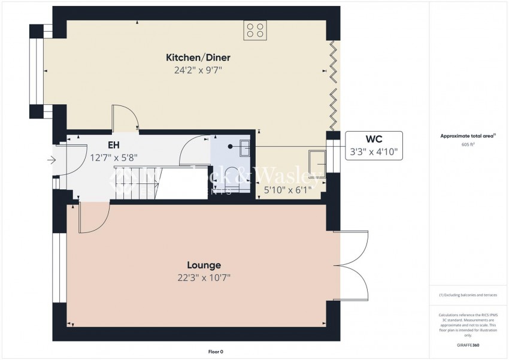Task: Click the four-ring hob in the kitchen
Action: pyautogui.click(x=255, y=31)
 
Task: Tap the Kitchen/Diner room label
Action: pyautogui.click(x=198, y=58)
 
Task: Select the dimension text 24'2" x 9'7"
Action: pyautogui.click(x=198, y=69)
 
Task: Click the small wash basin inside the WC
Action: pyautogui.click(x=246, y=147)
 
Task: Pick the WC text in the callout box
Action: pyautogui.click(x=374, y=138)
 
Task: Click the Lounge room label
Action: pyautogui.click(x=204, y=265)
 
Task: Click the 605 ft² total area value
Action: pyautogui.click(x=468, y=145)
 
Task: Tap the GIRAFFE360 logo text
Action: pyautogui.click(x=468, y=346)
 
